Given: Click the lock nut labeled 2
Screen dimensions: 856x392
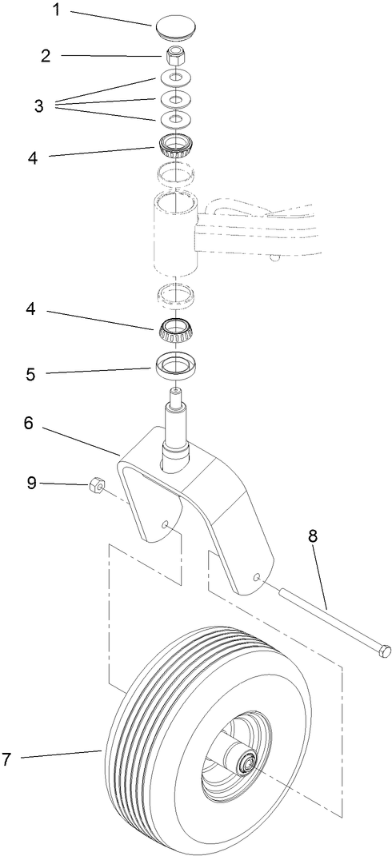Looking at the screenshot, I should click(176, 57).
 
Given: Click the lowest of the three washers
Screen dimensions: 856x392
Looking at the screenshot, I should click(176, 119).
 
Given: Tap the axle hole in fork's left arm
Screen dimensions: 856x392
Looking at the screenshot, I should click(164, 524).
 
